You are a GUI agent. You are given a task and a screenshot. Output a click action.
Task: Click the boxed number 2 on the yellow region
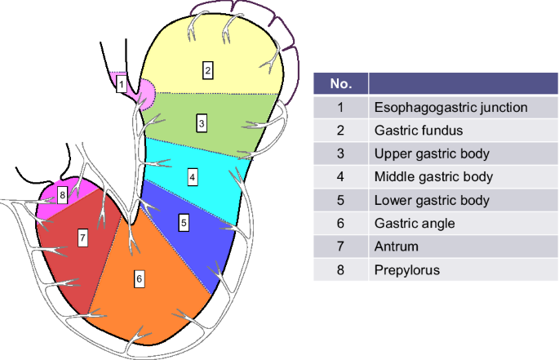tap(208, 70)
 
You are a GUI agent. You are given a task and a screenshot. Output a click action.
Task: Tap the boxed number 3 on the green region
tap(201, 123)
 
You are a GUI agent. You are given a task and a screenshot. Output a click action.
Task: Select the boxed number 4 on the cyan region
tap(192, 176)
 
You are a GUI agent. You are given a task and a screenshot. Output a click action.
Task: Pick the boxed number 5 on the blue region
tap(184, 221)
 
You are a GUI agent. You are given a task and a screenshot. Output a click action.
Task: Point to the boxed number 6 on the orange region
tap(140, 279)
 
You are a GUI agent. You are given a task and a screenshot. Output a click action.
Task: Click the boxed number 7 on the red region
tap(82, 238)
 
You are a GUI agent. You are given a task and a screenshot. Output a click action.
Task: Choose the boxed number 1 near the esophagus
tap(121, 83)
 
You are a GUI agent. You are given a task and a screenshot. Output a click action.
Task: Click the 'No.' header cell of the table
tap(340, 84)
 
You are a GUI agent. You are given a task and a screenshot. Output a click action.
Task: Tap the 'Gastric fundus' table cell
tap(419, 130)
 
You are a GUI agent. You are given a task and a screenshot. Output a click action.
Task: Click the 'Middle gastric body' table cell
tap(433, 176)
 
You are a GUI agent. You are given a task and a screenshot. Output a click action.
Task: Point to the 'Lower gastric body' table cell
tap(431, 200)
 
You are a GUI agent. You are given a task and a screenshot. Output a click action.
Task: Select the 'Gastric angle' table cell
tap(415, 223)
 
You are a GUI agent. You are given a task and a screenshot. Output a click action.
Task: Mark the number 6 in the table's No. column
tap(340, 223)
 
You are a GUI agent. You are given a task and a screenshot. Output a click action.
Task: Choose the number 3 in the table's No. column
tap(340, 153)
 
